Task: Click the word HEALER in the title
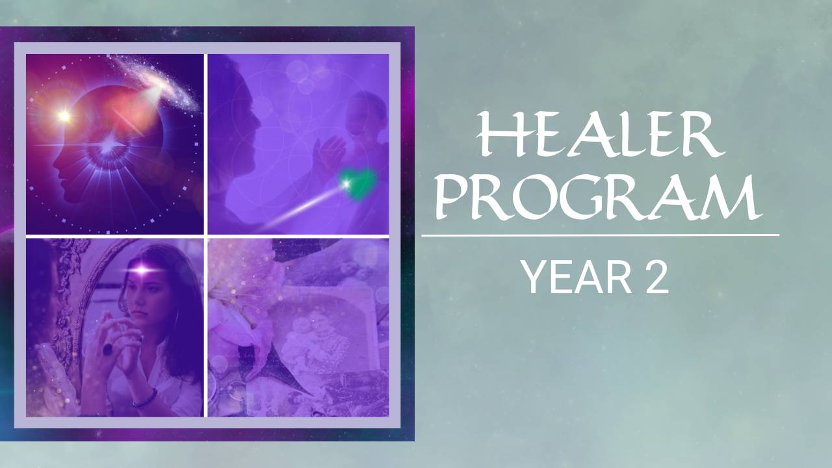(x=600, y=134)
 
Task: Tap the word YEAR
(x=577, y=277)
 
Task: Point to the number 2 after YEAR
(x=657, y=277)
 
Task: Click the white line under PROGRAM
(x=600, y=235)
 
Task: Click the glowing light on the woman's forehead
(x=142, y=268)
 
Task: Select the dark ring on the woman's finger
(x=108, y=349)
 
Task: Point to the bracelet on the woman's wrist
(x=145, y=398)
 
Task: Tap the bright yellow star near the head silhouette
(x=64, y=116)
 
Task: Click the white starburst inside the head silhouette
(x=109, y=144)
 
